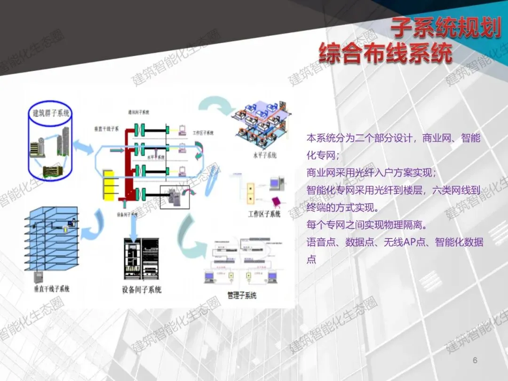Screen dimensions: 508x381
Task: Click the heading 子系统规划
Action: click(x=445, y=29)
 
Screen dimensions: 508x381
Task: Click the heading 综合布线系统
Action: click(x=385, y=53)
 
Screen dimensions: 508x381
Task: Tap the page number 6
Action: click(x=475, y=360)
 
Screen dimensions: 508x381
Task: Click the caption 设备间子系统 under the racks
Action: click(x=142, y=290)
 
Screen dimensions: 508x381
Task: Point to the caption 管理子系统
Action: click(x=242, y=295)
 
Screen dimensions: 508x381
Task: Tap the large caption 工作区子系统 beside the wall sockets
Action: click(x=264, y=214)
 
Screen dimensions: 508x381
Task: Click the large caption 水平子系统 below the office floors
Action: click(x=264, y=155)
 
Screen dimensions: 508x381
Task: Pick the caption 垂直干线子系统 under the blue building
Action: click(x=52, y=288)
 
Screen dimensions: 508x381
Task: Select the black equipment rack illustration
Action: click(x=142, y=259)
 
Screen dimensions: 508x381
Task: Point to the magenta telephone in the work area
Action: click(x=278, y=202)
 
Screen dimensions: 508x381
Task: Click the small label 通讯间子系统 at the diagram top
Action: click(x=140, y=113)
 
